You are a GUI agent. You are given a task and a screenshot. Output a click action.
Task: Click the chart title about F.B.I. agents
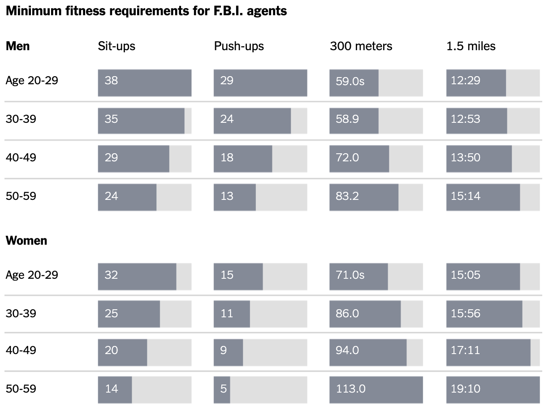click(146, 11)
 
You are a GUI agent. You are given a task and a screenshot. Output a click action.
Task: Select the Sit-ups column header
click(117, 46)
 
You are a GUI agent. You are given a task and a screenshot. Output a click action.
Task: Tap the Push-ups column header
click(239, 46)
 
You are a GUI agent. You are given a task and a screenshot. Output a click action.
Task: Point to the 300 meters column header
click(361, 46)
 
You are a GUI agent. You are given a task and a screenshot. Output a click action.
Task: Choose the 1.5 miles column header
click(471, 46)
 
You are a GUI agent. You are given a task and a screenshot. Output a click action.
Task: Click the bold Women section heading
click(26, 241)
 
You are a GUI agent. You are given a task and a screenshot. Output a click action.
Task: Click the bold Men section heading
click(18, 46)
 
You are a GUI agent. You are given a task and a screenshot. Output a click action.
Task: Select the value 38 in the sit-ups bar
click(111, 81)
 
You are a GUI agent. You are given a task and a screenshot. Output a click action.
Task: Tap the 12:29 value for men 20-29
click(466, 81)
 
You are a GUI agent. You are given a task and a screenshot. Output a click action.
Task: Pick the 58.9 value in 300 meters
click(347, 119)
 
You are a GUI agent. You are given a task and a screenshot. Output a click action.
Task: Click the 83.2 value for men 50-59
click(347, 196)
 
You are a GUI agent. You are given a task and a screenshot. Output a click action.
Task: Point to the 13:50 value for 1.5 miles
click(466, 158)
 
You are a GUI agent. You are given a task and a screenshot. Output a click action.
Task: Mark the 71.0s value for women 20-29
click(350, 275)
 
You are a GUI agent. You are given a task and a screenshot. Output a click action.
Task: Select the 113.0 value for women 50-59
click(350, 389)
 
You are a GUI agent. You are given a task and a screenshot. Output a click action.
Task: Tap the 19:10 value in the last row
click(466, 389)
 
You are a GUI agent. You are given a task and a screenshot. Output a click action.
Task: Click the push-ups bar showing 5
click(222, 389)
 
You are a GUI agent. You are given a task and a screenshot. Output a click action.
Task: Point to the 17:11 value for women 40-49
click(466, 350)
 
